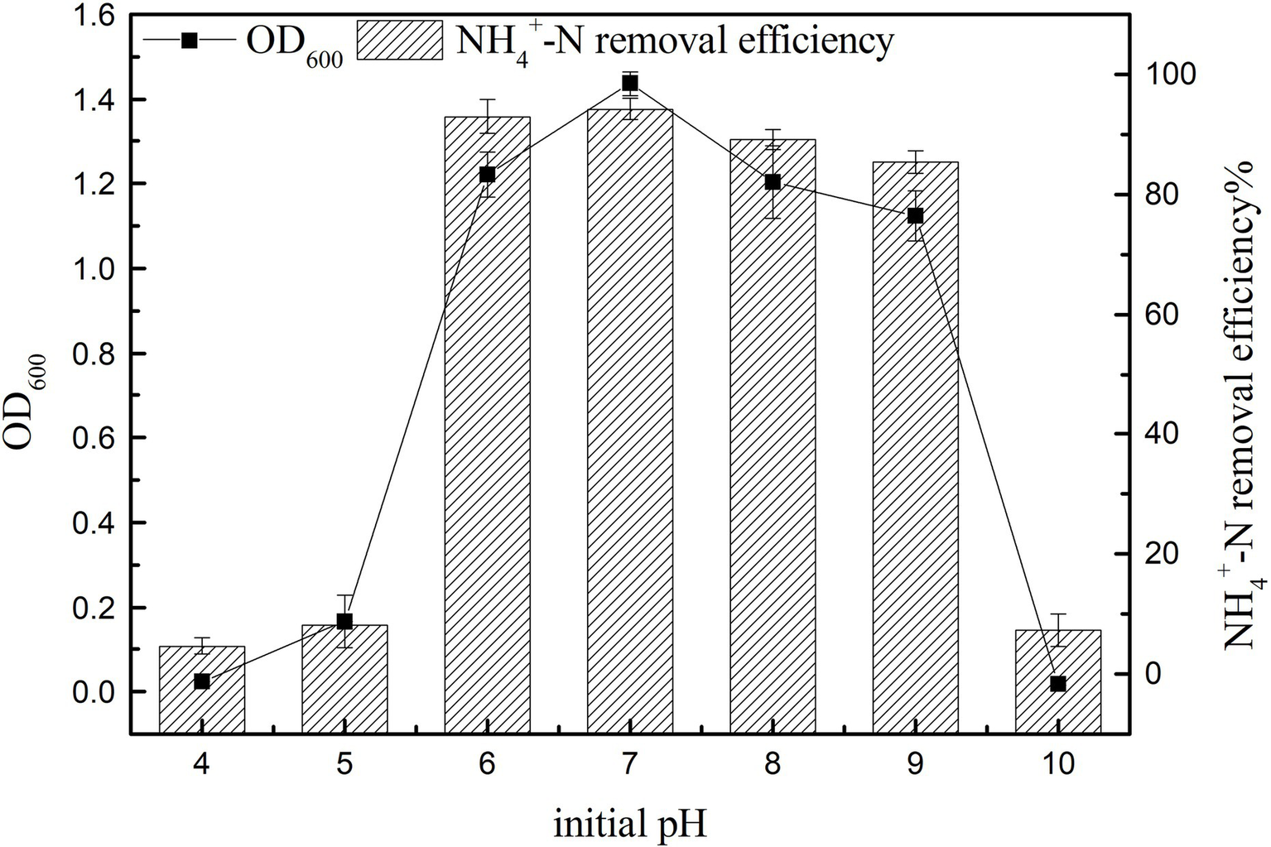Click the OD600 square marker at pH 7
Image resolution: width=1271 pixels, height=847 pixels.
pyautogui.click(x=630, y=83)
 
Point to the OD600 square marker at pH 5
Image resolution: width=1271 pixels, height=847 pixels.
pyautogui.click(x=344, y=622)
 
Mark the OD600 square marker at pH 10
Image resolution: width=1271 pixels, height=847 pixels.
pyautogui.click(x=1057, y=684)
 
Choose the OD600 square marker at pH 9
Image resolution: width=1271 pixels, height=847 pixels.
pyautogui.click(x=915, y=216)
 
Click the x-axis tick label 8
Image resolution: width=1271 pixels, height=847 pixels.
pyautogui.click(x=773, y=763)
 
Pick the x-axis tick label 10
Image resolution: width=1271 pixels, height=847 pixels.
pyautogui.click(x=1057, y=763)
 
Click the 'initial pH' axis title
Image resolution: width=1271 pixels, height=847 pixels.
pyautogui.click(x=630, y=825)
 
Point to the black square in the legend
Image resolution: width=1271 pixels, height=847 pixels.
pyautogui.click(x=190, y=40)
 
